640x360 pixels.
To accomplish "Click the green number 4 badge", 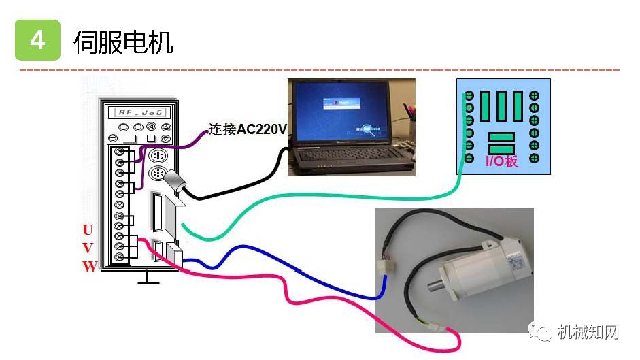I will click(37, 41).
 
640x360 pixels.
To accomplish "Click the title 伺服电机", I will click(123, 42).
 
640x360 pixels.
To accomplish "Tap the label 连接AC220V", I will click(248, 129).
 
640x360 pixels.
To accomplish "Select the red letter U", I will click(88, 229).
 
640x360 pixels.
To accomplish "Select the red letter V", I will click(88, 248).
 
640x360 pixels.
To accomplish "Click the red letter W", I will click(90, 267).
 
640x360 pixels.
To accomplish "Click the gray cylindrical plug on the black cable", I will click(175, 181).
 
